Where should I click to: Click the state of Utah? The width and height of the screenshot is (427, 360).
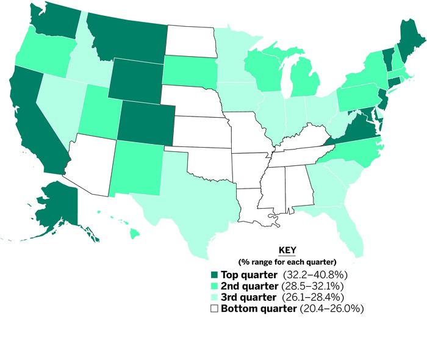click(98, 110)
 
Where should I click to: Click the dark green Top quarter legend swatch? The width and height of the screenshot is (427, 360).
click(214, 275)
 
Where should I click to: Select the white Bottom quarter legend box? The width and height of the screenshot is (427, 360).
click(214, 309)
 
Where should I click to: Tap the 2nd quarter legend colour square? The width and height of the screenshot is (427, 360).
click(214, 286)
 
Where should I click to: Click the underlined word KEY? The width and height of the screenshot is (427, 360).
click(287, 251)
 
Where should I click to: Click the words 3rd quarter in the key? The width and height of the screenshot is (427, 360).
click(247, 297)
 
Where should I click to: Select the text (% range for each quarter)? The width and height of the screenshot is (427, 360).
click(287, 262)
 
